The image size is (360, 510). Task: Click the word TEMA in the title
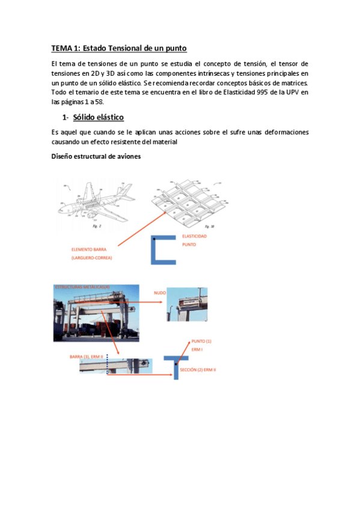pyautogui.click(x=61, y=48)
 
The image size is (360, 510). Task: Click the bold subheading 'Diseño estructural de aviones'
pyautogui.click(x=96, y=157)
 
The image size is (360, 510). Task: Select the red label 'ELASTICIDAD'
pyautogui.click(x=194, y=236)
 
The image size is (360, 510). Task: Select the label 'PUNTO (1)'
pyautogui.click(x=201, y=340)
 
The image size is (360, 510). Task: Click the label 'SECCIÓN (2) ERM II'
pyautogui.click(x=198, y=369)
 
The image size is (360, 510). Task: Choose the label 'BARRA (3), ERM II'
pyautogui.click(x=85, y=357)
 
